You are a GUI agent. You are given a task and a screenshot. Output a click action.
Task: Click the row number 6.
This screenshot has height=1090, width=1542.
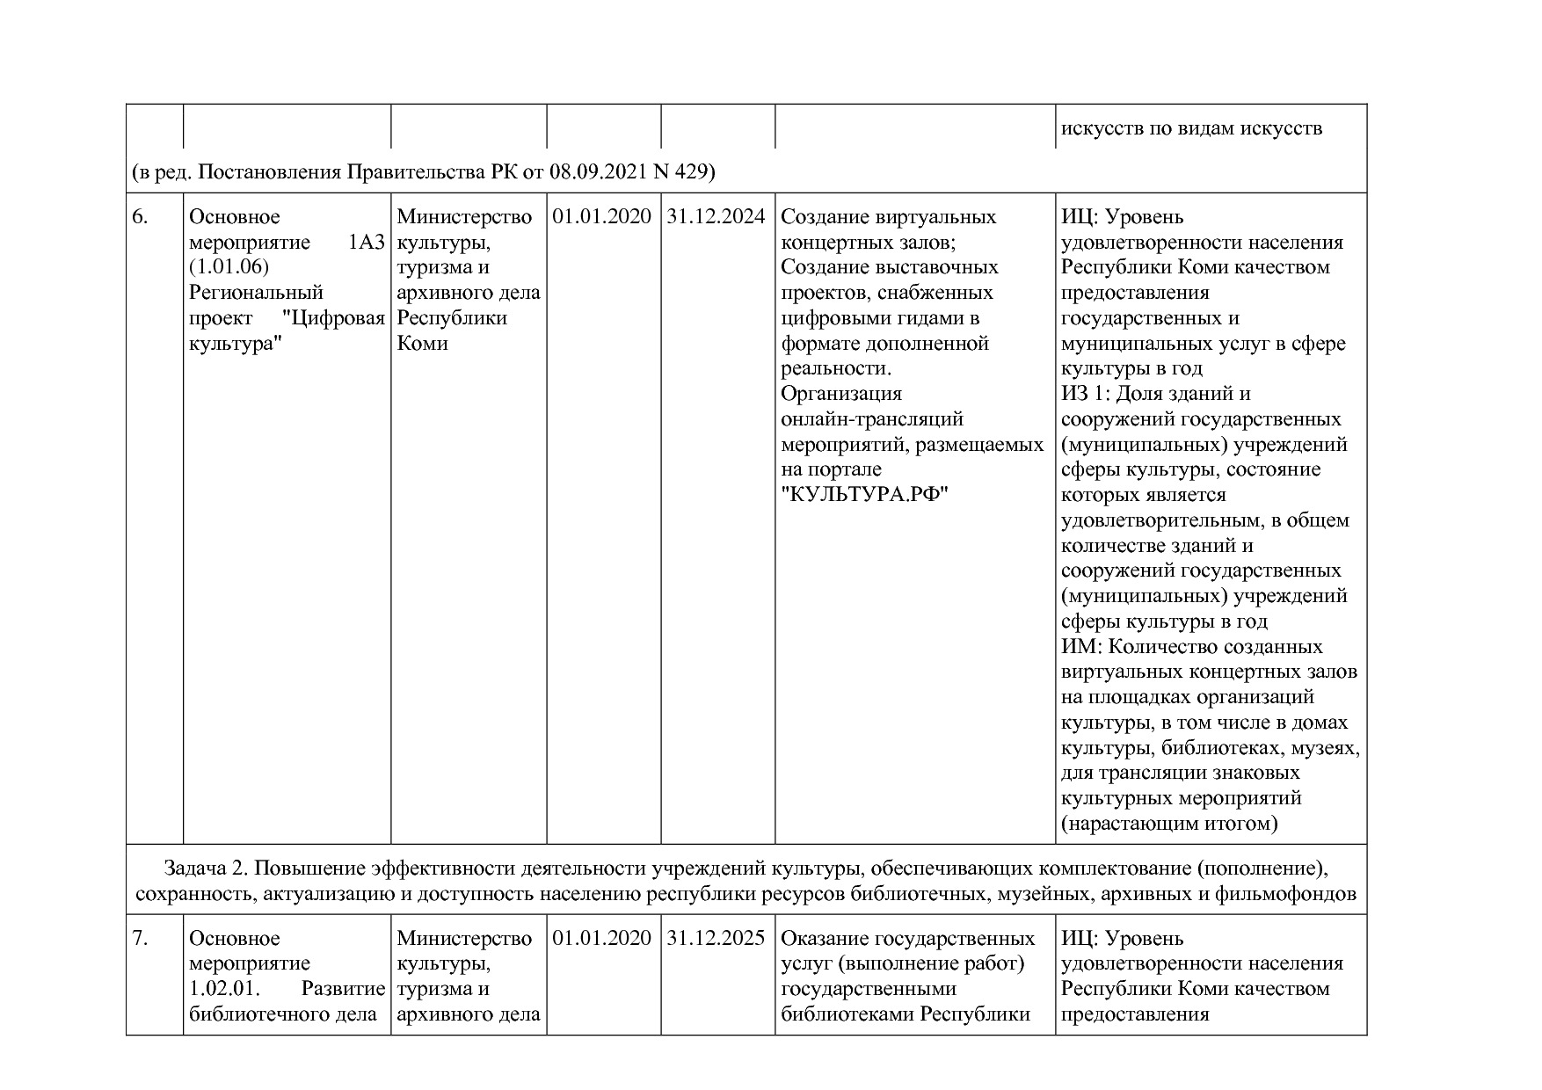140,217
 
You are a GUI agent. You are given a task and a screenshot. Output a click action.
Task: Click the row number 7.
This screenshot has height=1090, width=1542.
140,939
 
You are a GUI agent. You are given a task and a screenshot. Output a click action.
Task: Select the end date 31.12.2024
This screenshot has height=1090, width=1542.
716,217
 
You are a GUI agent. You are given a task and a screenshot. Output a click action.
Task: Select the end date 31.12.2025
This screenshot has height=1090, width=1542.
716,939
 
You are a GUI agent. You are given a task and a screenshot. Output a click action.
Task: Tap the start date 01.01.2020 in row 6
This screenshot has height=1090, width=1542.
602,217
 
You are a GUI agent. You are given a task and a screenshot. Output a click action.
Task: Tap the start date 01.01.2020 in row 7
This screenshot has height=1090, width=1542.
602,939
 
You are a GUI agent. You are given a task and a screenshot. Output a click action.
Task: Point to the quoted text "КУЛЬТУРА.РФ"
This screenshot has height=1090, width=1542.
866,495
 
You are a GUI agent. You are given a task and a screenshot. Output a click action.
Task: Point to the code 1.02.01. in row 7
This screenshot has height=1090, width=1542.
224,989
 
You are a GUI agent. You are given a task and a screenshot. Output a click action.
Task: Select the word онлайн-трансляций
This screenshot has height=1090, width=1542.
871,419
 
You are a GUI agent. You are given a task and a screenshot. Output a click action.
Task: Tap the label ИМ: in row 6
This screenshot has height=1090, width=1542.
1081,647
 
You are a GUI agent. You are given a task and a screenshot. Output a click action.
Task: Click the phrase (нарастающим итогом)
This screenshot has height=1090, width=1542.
1168,824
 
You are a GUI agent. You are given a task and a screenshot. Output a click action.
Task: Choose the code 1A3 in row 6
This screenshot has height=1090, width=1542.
367,243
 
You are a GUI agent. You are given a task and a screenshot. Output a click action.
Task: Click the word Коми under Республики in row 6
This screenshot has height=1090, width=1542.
422,344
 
